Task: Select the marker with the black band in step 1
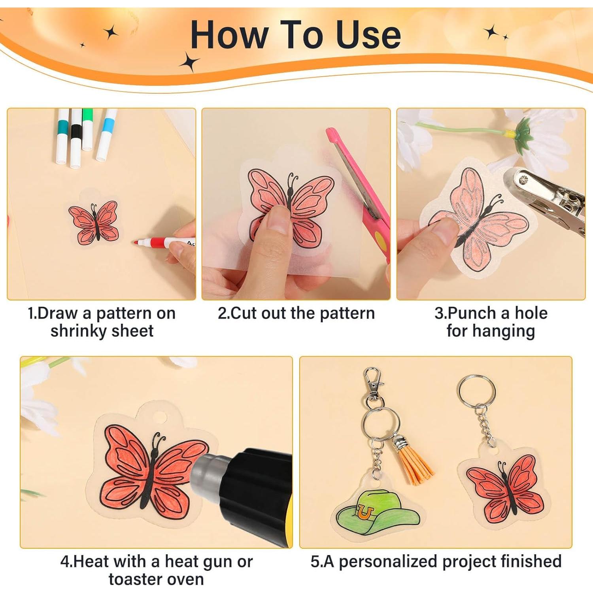76,138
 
